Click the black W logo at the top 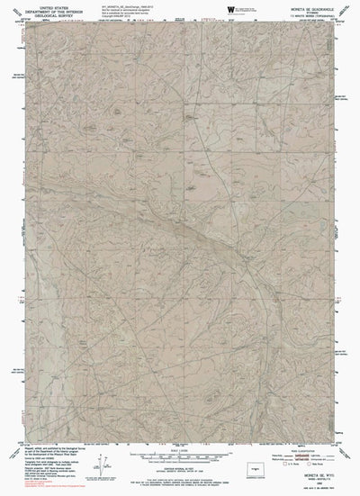(x=232, y=9)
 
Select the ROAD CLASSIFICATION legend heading (x=302, y=445)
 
